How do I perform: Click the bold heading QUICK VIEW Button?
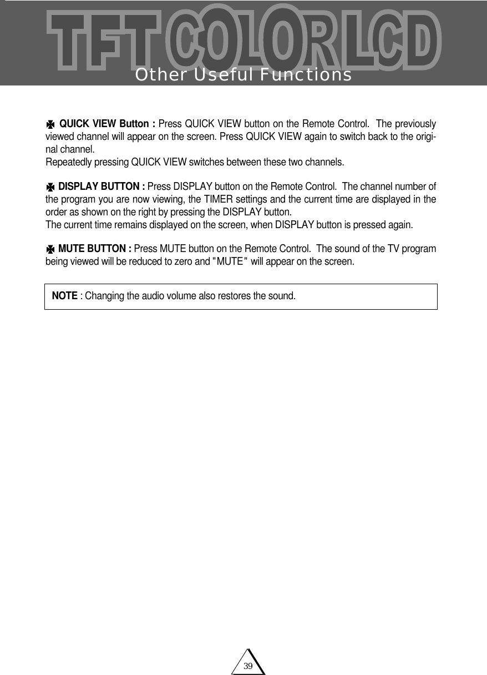click(x=106, y=123)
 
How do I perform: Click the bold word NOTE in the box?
click(x=64, y=295)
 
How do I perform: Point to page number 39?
click(x=248, y=666)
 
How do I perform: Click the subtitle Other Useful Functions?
click(x=243, y=74)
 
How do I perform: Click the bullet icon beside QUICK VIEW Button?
click(x=50, y=124)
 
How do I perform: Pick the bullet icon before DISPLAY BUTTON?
click(x=50, y=186)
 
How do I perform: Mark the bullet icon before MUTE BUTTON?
click(x=50, y=248)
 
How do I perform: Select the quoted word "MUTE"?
click(x=230, y=261)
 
